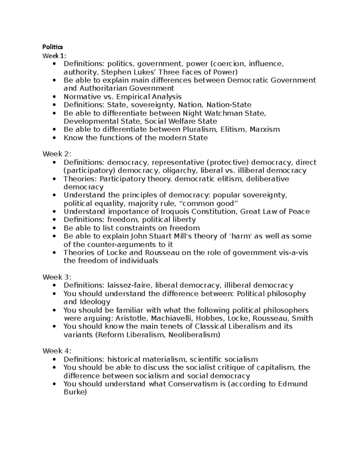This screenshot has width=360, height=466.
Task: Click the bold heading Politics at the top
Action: (52, 47)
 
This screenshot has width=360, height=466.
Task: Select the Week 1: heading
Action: (54, 56)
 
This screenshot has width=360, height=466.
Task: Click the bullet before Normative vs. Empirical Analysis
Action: (54, 97)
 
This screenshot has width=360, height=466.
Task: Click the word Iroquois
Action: (173, 212)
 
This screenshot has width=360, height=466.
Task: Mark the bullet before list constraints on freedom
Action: (54, 228)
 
